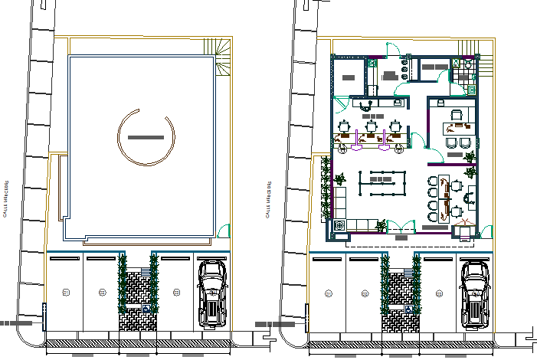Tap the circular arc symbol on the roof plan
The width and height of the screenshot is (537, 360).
tap(146, 137)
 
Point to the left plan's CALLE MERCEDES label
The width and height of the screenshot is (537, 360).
tap(5, 201)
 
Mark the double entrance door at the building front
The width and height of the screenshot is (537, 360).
tap(398, 226)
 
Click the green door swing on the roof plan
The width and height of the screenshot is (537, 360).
tap(224, 229)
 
